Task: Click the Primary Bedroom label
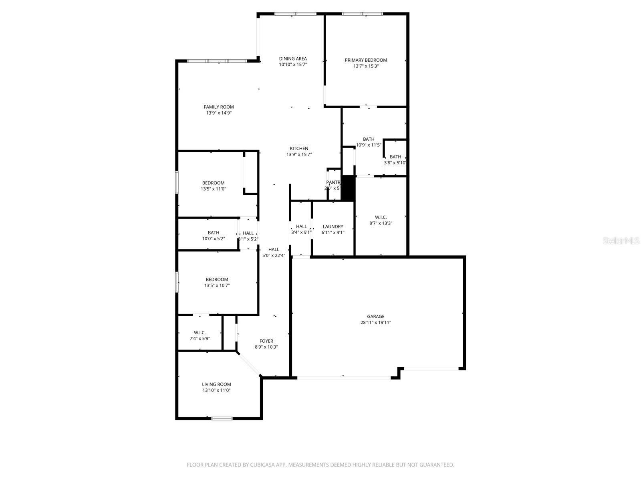pyautogui.click(x=366, y=60)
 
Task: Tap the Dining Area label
pyautogui.click(x=293, y=59)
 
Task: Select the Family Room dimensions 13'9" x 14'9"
pyautogui.click(x=219, y=113)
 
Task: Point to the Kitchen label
pyautogui.click(x=299, y=148)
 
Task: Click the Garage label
pyautogui.click(x=375, y=316)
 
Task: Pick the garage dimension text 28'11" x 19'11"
pyautogui.click(x=375, y=322)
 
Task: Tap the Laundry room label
pyautogui.click(x=333, y=226)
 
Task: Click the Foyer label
pyautogui.click(x=266, y=341)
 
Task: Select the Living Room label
pyautogui.click(x=216, y=384)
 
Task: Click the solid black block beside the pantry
pyautogui.click(x=348, y=188)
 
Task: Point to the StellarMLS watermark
pyautogui.click(x=621, y=241)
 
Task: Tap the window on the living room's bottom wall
pyautogui.click(x=222, y=418)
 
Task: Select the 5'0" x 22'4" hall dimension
pyautogui.click(x=274, y=255)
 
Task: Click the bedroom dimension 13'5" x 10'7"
pyautogui.click(x=217, y=285)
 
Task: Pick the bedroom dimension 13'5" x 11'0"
pyautogui.click(x=213, y=189)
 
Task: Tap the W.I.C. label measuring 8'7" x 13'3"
pyautogui.click(x=381, y=217)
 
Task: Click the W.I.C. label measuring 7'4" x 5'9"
pyautogui.click(x=200, y=332)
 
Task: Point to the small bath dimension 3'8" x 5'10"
pyautogui.click(x=395, y=163)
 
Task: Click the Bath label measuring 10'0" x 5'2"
pyautogui.click(x=214, y=232)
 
